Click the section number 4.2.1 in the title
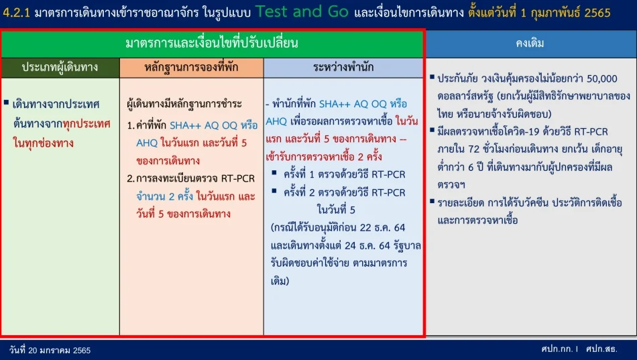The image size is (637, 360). (16, 13)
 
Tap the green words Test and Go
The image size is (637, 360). (302, 11)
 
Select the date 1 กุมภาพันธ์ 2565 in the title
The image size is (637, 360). (565, 13)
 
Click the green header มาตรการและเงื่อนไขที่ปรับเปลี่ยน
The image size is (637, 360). (212, 43)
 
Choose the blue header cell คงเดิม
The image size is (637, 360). (530, 43)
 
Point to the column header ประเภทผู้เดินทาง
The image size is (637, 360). (60, 68)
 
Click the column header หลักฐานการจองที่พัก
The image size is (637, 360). (191, 68)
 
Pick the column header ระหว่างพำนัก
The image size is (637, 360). (343, 67)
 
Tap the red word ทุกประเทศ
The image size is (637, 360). (86, 123)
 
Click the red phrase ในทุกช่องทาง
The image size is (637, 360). (43, 143)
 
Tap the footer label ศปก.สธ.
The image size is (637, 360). (601, 349)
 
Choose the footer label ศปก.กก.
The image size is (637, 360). (557, 349)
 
